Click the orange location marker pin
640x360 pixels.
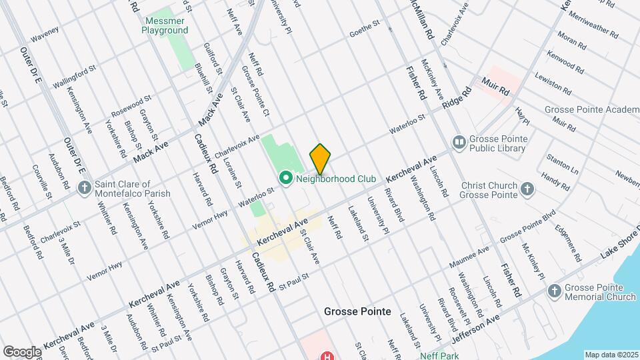tap(320, 159)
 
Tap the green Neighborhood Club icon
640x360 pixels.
tap(286, 179)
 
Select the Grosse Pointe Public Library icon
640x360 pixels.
tap(459, 142)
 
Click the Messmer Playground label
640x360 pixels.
tap(166, 25)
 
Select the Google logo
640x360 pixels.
tap(22, 351)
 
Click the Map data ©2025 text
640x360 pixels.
tap(611, 354)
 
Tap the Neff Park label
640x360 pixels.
tap(437, 355)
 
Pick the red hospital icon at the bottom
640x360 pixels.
tap(327, 356)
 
